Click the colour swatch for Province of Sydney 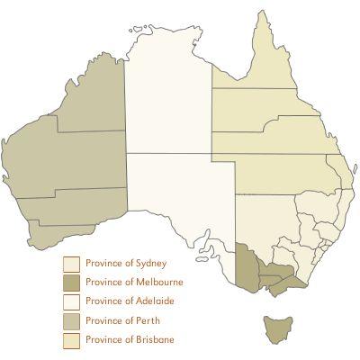pos(71,264)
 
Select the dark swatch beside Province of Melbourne pos(71,283)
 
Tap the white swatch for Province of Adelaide pos(71,301)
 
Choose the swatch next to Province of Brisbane pos(71,340)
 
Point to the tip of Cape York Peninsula pos(264,13)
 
